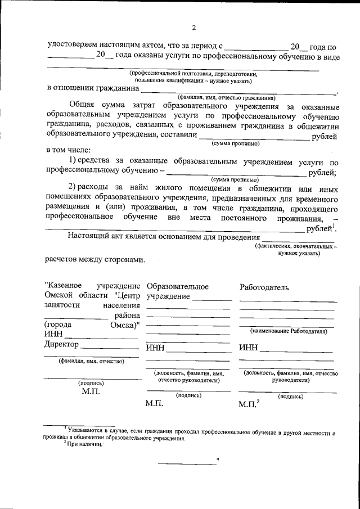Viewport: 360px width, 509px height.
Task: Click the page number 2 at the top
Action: click(192, 28)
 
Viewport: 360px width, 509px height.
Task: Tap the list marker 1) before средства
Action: click(72, 163)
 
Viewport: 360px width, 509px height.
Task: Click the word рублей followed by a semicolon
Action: click(322, 172)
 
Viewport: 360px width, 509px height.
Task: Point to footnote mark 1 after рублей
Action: click(335, 226)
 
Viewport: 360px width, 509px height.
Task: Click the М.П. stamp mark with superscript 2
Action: click(248, 403)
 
